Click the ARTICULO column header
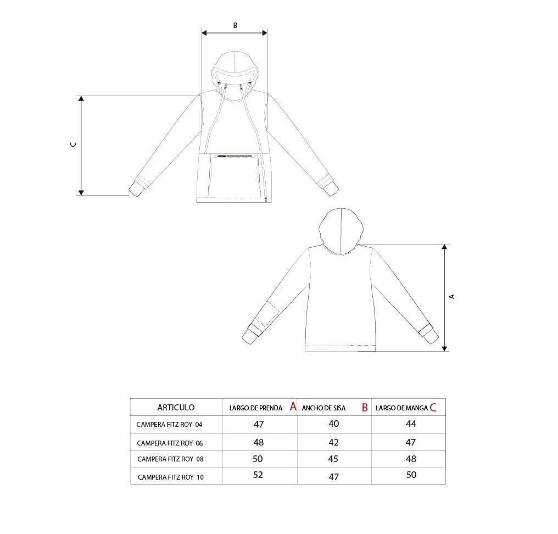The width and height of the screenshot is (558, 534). coord(176,407)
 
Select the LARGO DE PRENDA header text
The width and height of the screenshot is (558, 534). coord(255,408)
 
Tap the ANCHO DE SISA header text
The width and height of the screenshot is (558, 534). coord(323,408)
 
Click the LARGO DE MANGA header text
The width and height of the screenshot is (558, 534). coord(401,408)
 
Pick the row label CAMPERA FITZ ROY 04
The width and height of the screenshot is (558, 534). coord(169,424)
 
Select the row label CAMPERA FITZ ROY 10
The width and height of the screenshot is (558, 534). coord(171,477)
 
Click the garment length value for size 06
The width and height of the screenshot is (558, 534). coord(259,442)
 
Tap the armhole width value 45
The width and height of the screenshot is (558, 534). coord(333,459)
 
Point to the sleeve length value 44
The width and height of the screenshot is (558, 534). coord(411,424)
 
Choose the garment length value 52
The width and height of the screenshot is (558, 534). coord(258,475)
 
